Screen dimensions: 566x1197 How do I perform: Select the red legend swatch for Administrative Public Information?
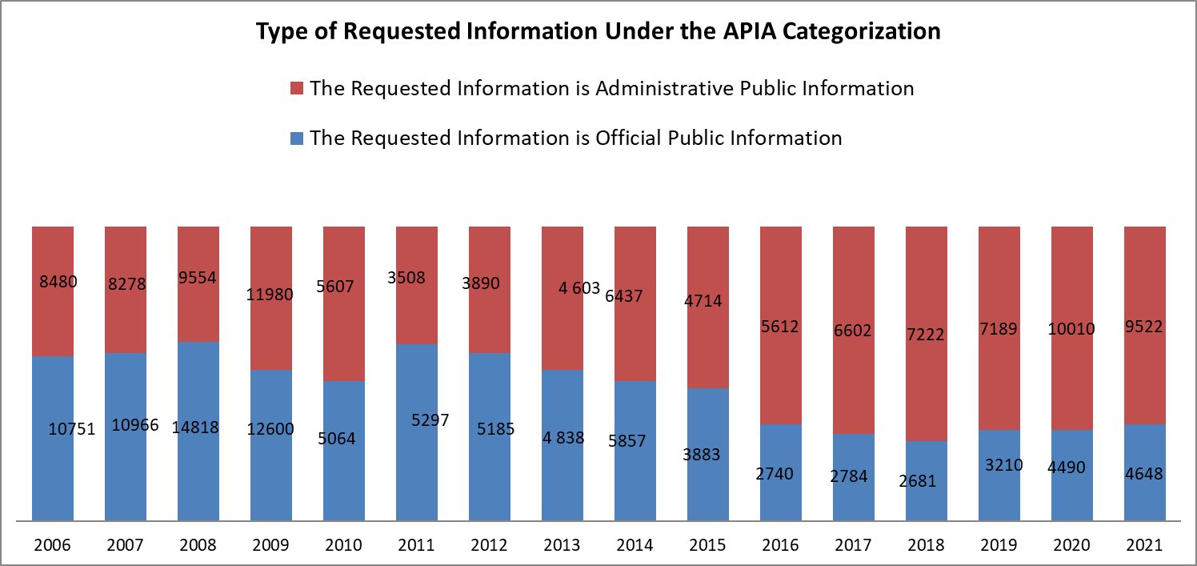[x=297, y=88]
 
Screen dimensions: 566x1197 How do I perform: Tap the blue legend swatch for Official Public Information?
[x=297, y=138]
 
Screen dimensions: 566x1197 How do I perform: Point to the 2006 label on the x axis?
[x=53, y=545]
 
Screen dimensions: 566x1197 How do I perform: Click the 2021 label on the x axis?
[x=1144, y=545]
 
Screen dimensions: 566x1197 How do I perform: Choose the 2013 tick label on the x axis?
[x=562, y=545]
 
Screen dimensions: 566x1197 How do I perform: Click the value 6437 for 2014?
[x=623, y=296]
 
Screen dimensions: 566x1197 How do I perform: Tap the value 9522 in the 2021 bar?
[x=1143, y=327]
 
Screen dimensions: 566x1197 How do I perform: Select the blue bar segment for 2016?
[x=781, y=496]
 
